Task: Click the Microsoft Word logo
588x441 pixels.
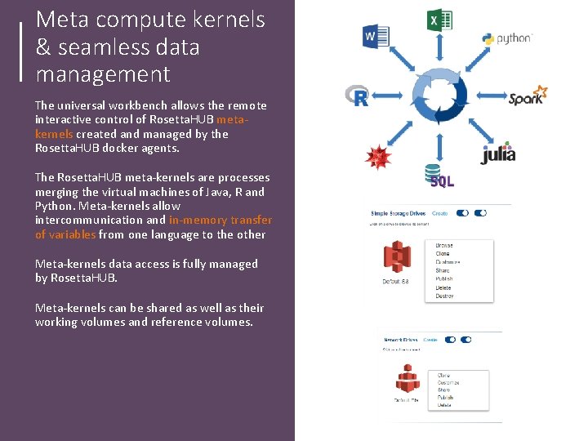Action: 376,36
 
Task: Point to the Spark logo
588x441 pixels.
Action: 528,96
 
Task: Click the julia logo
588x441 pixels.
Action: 497,153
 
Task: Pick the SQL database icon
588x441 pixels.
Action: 436,176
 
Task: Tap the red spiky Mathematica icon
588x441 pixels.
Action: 377,155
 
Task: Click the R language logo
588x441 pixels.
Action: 358,96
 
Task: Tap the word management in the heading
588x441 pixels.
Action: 103,74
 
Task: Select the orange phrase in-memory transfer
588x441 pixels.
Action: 220,220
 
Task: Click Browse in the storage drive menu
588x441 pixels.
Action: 444,245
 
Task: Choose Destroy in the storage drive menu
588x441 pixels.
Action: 445,296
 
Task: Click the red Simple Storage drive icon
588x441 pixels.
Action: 396,257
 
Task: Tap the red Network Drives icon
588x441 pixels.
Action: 408,378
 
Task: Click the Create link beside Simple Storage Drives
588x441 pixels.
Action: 439,213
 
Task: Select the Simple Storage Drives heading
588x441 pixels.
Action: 398,213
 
